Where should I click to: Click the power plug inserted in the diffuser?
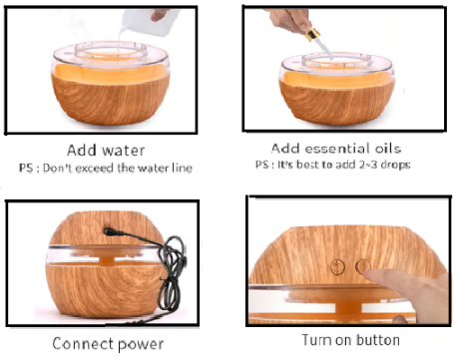[x=110, y=231]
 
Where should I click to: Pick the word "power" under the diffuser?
[x=140, y=345]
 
